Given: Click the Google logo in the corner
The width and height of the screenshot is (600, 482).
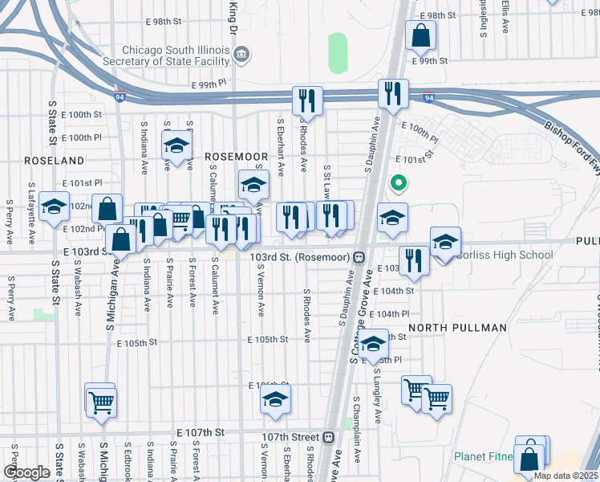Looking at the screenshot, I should click(26, 472).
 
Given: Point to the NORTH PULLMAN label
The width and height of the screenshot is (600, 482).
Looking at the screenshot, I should click(457, 328).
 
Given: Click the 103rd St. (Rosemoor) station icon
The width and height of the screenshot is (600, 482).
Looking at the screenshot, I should click(360, 257).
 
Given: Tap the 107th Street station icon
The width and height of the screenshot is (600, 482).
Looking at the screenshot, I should click(328, 437).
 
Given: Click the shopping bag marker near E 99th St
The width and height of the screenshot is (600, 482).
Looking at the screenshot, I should click(421, 35).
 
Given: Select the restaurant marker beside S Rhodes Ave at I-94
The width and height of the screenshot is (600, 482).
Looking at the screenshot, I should click(306, 100).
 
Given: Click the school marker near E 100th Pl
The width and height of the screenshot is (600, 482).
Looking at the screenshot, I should click(176, 145).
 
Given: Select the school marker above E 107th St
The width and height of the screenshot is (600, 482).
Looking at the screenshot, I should click(275, 399).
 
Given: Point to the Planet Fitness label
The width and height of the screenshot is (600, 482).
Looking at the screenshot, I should click(484, 456).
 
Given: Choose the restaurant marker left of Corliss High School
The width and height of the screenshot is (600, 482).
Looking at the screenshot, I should click(414, 259).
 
